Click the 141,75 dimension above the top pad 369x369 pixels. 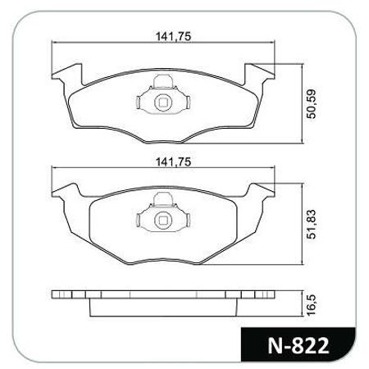click(x=173, y=36)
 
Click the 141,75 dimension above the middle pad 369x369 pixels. click(x=173, y=162)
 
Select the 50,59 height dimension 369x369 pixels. click(x=311, y=103)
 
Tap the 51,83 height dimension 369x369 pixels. click(x=311, y=225)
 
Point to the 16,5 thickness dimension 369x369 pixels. click(x=311, y=305)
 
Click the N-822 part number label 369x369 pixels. click(x=298, y=345)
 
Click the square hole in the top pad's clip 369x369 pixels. click(x=163, y=102)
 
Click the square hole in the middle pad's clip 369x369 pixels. click(x=163, y=221)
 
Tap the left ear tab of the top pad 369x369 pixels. click(x=67, y=73)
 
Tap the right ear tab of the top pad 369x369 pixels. click(x=259, y=73)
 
